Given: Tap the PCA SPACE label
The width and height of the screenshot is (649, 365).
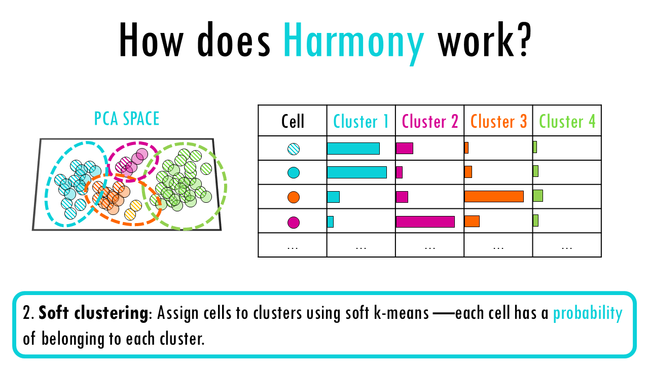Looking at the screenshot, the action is tap(127, 119).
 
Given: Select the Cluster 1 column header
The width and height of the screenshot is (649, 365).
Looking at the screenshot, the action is tap(360, 121).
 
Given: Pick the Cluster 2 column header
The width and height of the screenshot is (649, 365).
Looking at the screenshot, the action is tap(430, 121).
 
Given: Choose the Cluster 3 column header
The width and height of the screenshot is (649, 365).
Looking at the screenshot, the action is tap(498, 121).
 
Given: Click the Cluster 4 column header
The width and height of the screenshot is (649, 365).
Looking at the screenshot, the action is tap(567, 121).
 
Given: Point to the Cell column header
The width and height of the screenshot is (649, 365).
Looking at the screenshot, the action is tap(293, 121).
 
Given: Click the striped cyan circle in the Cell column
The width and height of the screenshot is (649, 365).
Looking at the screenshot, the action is tap(294, 149).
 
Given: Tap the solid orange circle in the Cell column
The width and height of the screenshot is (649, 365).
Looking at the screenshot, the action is tap(294, 197).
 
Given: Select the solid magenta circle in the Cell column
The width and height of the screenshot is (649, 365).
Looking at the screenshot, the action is tap(294, 223).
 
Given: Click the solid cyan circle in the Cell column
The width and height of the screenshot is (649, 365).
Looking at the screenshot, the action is tap(294, 173).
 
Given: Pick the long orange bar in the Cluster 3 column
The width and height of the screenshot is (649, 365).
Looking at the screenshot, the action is tap(494, 196).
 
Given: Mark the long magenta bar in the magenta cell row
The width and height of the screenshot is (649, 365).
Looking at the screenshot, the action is tap(425, 222).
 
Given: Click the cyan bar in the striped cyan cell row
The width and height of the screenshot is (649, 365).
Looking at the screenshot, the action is tap(353, 149).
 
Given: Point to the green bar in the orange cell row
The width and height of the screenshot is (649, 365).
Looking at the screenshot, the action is tap(538, 196).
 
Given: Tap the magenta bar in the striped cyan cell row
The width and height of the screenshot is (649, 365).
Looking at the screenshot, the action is tap(404, 149).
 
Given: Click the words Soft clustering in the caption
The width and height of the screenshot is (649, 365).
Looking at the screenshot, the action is tap(93, 313).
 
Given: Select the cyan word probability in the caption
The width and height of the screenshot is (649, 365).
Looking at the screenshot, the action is tap(588, 313).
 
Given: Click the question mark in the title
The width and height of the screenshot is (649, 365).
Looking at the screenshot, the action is tap(523, 40).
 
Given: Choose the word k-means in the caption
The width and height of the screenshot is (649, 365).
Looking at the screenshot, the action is tap(401, 313).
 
